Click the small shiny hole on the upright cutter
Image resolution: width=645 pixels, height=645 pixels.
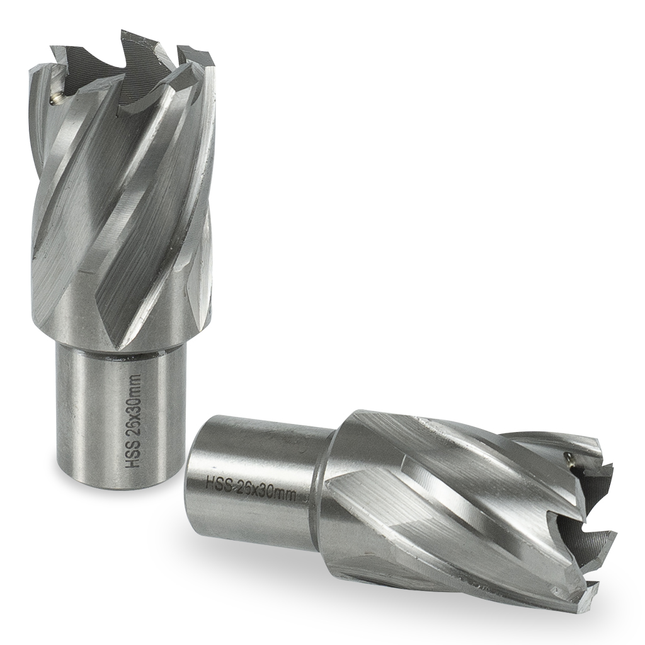55,98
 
